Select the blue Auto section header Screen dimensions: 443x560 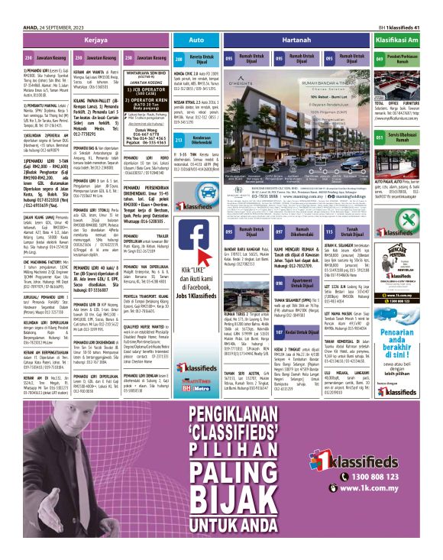[195, 38]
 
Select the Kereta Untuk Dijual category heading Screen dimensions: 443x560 [201, 58]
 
